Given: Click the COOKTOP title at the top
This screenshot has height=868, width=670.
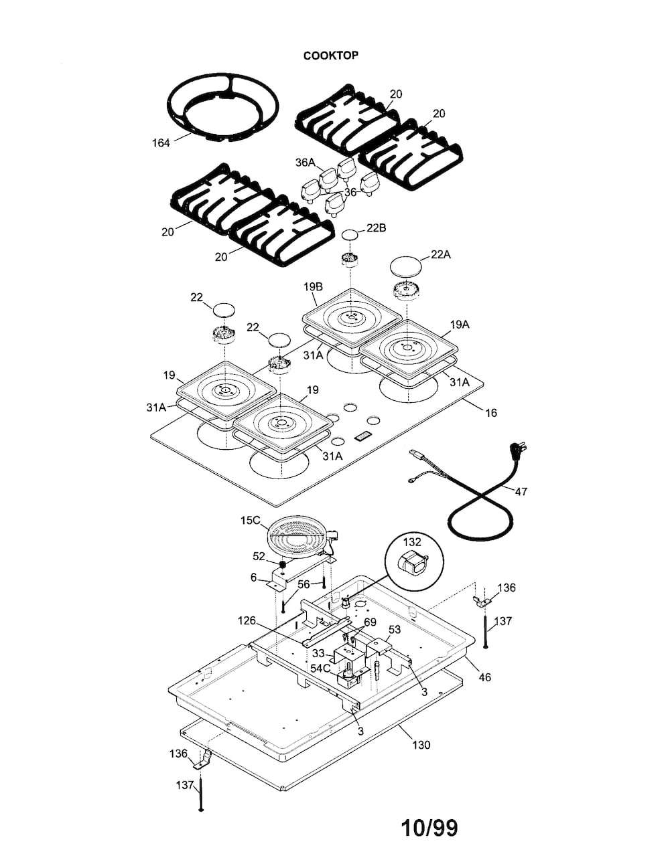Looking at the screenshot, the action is [330, 56].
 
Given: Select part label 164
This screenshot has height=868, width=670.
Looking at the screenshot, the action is [161, 143].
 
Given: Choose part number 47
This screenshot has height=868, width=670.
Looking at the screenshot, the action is [521, 491].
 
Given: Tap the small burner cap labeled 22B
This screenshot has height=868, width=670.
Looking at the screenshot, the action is [350, 234].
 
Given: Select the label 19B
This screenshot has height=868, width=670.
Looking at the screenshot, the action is [313, 286].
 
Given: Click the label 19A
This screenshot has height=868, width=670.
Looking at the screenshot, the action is [460, 325].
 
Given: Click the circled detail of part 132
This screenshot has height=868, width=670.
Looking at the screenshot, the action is [412, 559].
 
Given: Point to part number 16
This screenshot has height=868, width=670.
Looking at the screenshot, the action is [491, 413].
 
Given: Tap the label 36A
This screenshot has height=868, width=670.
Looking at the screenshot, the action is [306, 163].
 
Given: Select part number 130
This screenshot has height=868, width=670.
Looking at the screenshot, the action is [421, 745].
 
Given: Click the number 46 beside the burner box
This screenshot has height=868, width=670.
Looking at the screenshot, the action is [485, 677].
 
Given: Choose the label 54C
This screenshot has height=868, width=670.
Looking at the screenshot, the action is [321, 668].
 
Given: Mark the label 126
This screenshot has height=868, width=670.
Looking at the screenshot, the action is [247, 621].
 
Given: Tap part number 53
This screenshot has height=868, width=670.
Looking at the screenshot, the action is [394, 630].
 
